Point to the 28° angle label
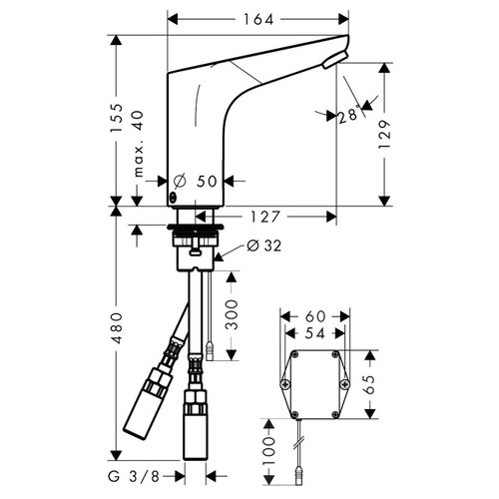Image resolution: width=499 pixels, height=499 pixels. (x=348, y=115)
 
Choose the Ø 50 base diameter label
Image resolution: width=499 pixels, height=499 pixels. (x=198, y=182)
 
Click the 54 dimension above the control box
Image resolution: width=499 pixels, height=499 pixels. (x=315, y=333)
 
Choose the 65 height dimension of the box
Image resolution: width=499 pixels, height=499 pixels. (x=369, y=384)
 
